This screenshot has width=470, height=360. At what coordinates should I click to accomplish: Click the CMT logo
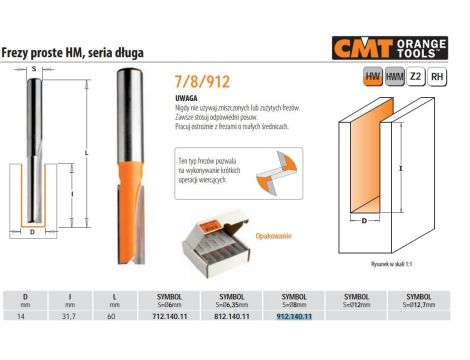pyautogui.click(x=369, y=47)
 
